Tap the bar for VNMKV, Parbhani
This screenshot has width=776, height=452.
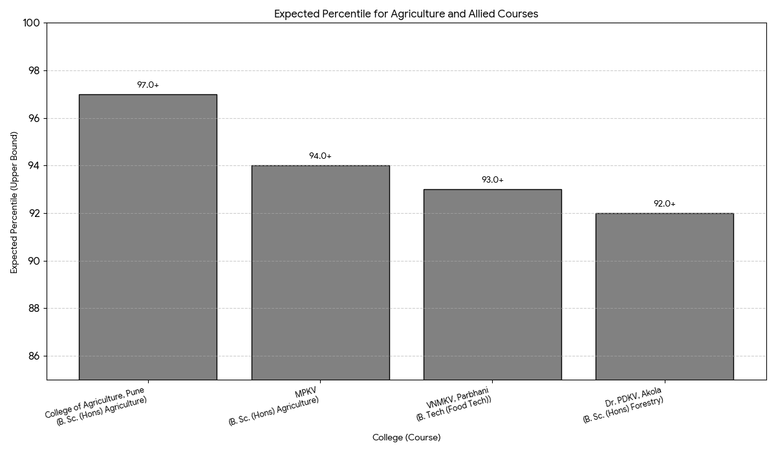[492, 284]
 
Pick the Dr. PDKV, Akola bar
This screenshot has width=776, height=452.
[664, 296]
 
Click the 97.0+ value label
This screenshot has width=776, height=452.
[147, 85]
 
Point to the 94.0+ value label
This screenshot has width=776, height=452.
[320, 156]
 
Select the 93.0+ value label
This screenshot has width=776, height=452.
[492, 180]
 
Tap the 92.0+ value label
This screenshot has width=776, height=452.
[664, 204]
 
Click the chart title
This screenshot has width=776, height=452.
[406, 14]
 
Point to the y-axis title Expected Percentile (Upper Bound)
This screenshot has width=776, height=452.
[14, 202]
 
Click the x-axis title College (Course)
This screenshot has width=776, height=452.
[406, 438]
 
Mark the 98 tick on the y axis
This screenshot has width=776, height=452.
[34, 71]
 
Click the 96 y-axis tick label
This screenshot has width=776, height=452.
[34, 119]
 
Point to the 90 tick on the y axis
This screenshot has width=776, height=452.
[34, 262]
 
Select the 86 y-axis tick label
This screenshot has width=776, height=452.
[34, 356]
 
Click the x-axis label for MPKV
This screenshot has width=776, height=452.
[275, 407]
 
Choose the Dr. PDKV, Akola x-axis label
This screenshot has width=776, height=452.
[624, 405]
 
